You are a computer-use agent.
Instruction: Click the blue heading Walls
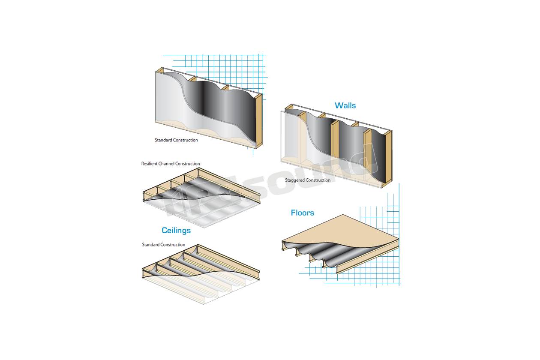click(345, 105)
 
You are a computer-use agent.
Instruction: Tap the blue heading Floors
click(302, 213)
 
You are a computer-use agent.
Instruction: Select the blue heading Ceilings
click(176, 230)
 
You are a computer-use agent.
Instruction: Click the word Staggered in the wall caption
click(294, 180)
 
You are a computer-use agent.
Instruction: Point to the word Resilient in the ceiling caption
click(150, 163)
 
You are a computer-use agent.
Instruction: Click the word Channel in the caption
click(166, 163)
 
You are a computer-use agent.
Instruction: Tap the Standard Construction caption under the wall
click(176, 140)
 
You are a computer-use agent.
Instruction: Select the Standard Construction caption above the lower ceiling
click(163, 245)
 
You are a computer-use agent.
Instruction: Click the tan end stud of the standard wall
click(259, 120)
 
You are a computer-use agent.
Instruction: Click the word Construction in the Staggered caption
click(318, 180)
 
